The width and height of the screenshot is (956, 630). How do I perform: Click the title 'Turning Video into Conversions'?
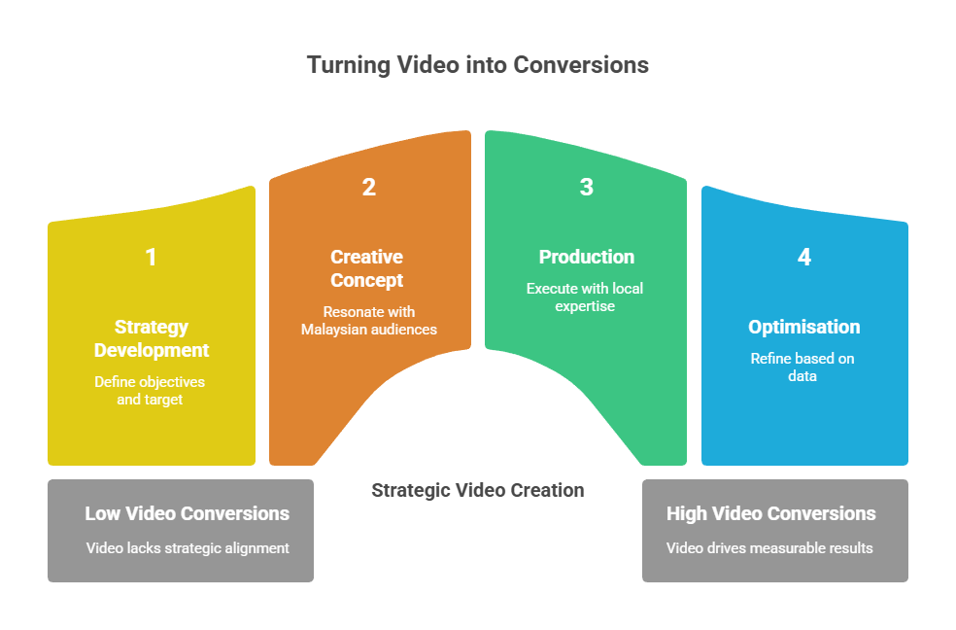[477, 65]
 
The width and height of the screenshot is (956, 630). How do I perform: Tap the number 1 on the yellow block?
[151, 257]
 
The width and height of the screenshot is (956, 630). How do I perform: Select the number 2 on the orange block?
[368, 187]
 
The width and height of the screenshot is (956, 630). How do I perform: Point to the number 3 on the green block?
[586, 187]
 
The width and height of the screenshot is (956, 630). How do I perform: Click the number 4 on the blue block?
[803, 257]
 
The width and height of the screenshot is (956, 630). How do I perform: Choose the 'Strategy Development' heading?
[151, 338]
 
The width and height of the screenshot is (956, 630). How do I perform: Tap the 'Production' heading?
[586, 257]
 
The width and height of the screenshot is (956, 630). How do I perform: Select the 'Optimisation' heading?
[803, 327]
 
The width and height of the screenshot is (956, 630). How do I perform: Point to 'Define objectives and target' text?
[150, 391]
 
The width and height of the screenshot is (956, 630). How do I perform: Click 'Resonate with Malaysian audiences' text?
[368, 320]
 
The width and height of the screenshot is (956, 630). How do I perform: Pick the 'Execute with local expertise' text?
[585, 297]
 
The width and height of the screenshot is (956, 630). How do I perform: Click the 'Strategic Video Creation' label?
[478, 490]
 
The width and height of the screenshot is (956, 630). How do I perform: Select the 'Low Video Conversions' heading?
[187, 513]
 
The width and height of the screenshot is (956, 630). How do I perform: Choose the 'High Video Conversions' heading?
[770, 513]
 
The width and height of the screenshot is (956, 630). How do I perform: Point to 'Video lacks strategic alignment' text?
[188, 547]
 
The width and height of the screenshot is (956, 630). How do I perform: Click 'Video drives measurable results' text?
[769, 547]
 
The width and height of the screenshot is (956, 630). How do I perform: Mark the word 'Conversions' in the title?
[580, 65]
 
